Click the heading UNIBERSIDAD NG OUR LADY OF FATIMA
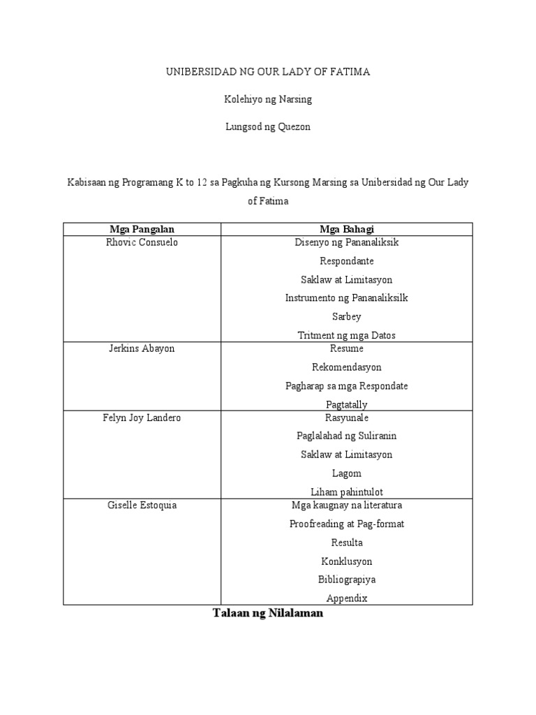click(267, 72)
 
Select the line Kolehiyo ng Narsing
click(267, 99)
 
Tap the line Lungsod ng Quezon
click(267, 126)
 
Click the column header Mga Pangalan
click(142, 229)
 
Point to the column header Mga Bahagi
click(346, 229)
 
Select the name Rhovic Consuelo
click(142, 242)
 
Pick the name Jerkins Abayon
click(142, 348)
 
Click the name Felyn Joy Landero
click(142, 418)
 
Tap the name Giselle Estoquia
click(142, 505)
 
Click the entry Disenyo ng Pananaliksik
click(346, 242)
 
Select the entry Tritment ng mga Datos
click(346, 335)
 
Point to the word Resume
click(346, 348)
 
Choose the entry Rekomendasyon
click(346, 367)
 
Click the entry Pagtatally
click(346, 404)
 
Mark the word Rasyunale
click(346, 418)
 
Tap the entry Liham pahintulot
click(346, 492)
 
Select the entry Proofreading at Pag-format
click(346, 524)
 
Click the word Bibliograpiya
click(346, 580)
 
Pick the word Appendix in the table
click(346, 598)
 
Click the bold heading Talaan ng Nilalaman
click(267, 614)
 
